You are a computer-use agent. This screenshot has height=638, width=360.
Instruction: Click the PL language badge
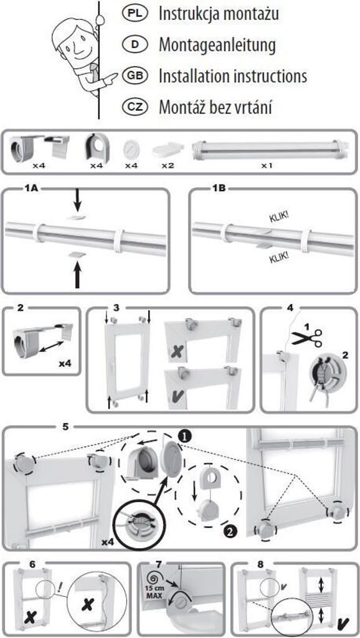[134, 14]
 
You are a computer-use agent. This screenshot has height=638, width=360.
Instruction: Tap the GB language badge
[134, 75]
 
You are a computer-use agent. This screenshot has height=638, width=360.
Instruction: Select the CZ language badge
[134, 107]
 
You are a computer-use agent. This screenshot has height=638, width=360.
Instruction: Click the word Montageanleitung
[217, 45]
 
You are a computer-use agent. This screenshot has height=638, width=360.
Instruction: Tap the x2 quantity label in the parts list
[167, 166]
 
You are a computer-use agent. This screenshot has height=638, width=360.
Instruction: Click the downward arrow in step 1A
[77, 202]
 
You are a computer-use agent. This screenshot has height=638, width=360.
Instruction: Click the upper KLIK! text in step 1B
[279, 216]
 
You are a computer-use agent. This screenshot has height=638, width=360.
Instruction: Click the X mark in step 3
[177, 351]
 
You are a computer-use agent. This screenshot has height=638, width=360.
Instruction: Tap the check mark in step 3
[178, 396]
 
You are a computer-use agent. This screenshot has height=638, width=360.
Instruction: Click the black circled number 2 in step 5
[228, 531]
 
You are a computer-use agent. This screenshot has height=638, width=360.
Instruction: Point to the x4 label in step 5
[108, 541]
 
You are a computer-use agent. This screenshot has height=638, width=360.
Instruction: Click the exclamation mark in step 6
[60, 586]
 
